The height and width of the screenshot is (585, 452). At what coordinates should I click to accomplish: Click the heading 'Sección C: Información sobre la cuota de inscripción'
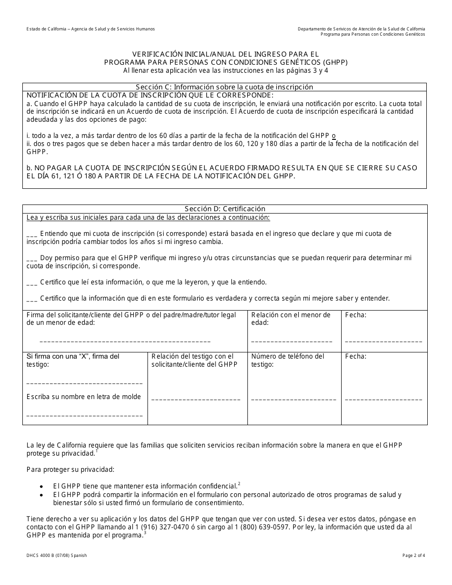click(x=225, y=87)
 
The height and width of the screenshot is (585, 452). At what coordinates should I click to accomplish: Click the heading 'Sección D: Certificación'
click(x=225, y=209)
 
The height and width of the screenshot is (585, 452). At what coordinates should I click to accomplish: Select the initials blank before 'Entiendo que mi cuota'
click(x=32, y=234)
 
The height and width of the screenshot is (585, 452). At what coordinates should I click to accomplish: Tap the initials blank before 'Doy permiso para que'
click(x=32, y=259)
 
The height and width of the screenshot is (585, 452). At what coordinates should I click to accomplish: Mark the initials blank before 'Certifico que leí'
click(x=32, y=283)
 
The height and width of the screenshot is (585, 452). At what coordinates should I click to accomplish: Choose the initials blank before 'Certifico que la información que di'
click(x=32, y=300)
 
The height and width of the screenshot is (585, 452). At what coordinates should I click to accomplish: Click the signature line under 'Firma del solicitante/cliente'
click(x=125, y=341)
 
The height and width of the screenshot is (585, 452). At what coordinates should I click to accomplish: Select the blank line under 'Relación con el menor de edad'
click(x=292, y=341)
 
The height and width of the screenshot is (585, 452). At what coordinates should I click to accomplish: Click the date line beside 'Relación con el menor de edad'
click(x=383, y=341)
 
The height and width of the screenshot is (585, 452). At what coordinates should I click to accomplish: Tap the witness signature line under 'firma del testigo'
click(x=85, y=383)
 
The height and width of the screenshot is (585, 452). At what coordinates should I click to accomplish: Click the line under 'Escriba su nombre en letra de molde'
click(x=85, y=416)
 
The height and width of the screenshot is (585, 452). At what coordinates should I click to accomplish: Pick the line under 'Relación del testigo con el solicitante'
click(x=196, y=400)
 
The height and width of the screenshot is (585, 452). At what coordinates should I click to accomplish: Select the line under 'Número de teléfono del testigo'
click(x=292, y=400)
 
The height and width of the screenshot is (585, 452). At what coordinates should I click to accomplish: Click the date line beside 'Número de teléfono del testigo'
click(x=383, y=400)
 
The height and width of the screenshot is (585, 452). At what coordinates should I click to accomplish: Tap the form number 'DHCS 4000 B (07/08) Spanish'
click(x=57, y=556)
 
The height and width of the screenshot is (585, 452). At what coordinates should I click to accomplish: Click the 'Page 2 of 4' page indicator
click(x=411, y=556)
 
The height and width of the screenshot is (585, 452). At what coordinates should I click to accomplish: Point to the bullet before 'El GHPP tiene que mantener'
click(x=42, y=487)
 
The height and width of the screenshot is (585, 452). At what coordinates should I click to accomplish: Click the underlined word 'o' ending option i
click(x=334, y=136)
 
